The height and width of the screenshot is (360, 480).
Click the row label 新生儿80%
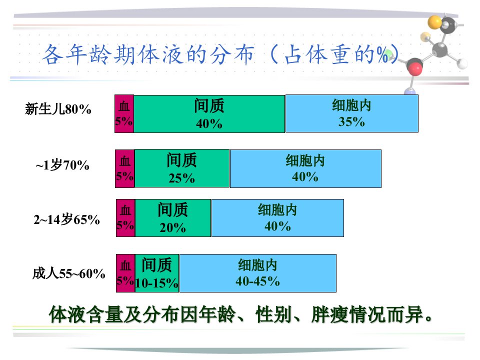pos(58,109)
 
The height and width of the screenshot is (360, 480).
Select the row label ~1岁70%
pos(62,165)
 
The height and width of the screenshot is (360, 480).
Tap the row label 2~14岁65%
pos(66,219)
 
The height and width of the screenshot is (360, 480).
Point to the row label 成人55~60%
pos(69,273)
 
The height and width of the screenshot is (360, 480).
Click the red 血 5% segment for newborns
pos(124,113)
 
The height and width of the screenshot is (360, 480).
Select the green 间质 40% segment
pos(209,113)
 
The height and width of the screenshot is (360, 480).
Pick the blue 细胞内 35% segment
pos(351,113)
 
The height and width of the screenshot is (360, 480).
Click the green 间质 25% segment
pos(182,168)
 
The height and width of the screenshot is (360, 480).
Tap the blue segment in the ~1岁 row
pos(305,168)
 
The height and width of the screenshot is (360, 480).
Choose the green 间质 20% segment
pos(173,218)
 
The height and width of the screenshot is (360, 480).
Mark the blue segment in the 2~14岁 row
pos(277,218)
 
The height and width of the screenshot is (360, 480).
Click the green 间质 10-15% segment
pos(157,273)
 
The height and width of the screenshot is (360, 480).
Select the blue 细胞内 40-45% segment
pos(258,273)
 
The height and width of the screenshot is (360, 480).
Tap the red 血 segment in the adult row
pos(126,273)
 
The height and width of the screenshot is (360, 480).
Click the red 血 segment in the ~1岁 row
pos(125,168)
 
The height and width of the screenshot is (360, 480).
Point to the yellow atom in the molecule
pos(434,22)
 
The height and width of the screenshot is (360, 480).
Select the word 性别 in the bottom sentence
pos(274,314)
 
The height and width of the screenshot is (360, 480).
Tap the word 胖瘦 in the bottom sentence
pos(329,314)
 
